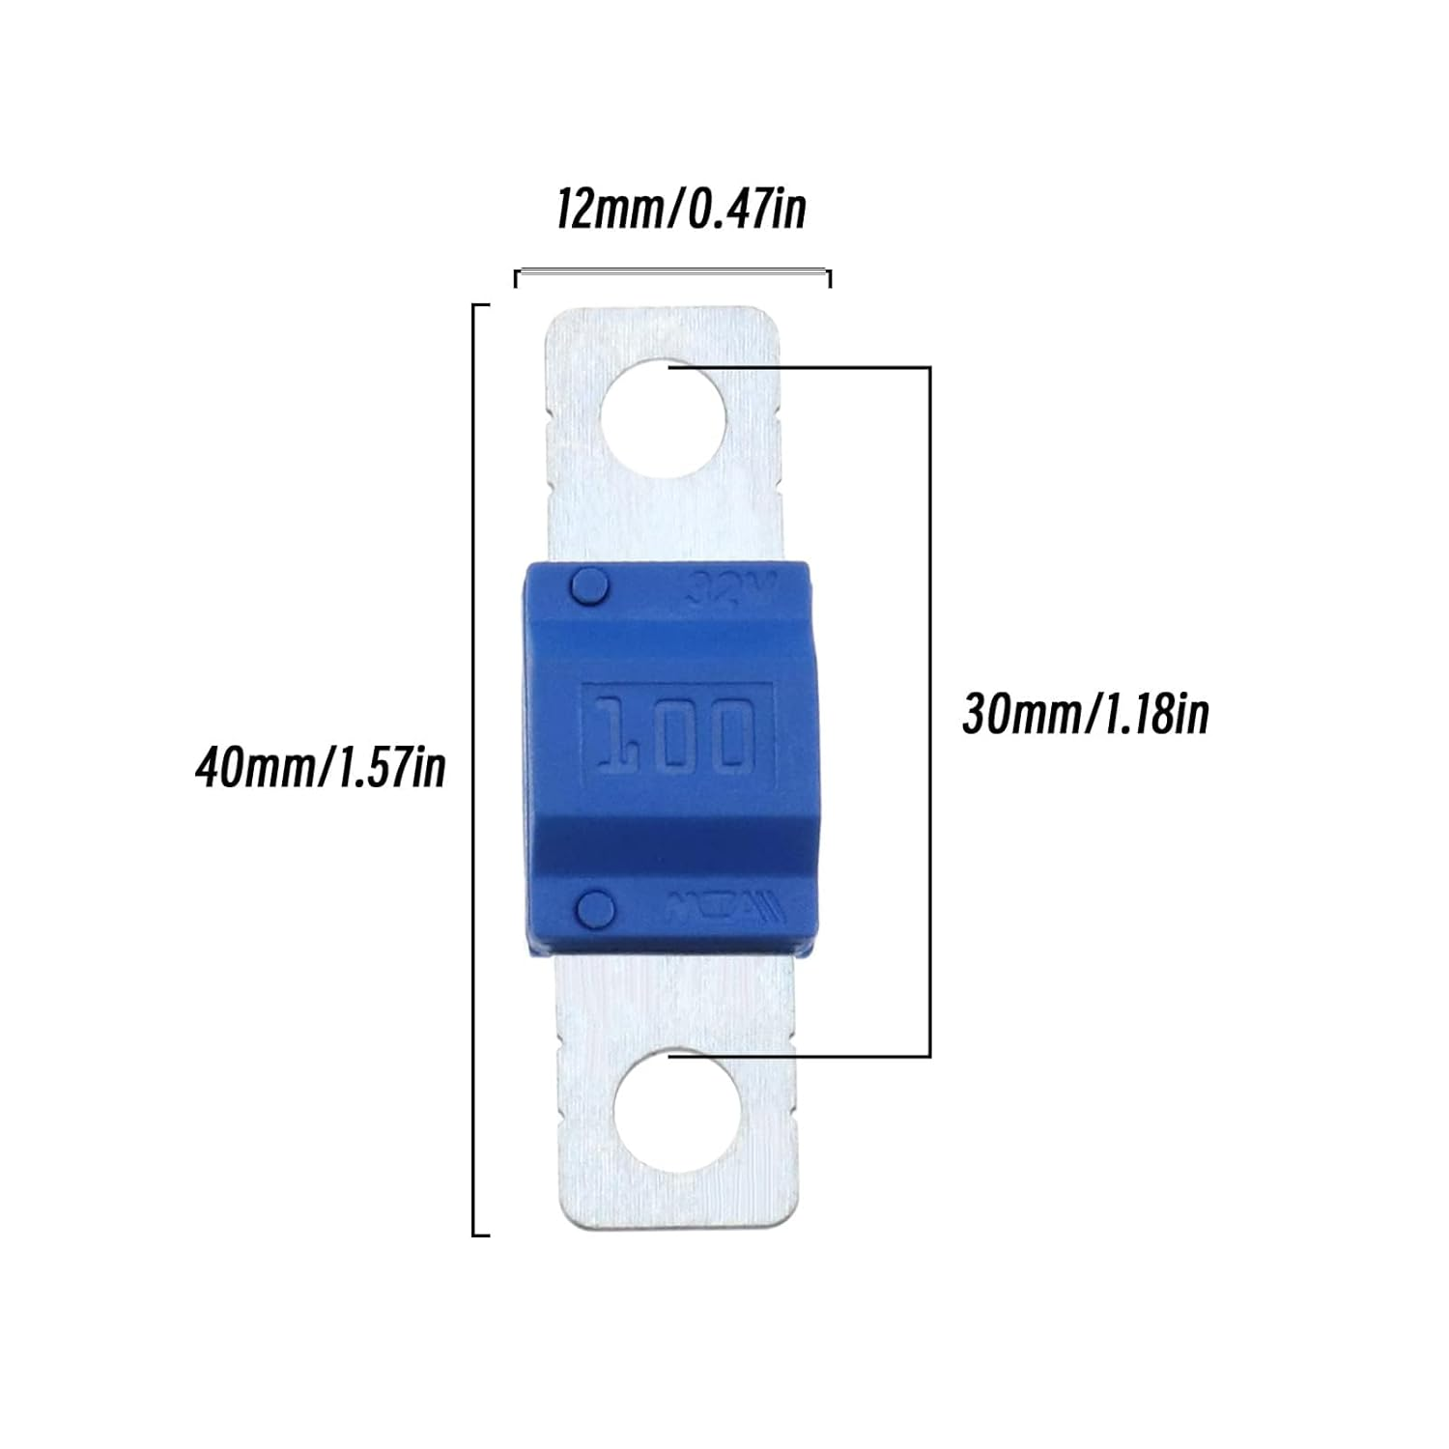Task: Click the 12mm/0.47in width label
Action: [x=680, y=210]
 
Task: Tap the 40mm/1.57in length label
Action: [x=321, y=768]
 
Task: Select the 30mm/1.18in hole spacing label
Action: [x=1085, y=715]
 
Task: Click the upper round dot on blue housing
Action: [x=589, y=586]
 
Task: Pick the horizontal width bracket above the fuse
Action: [x=672, y=274]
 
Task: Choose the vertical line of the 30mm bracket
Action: [x=929, y=712]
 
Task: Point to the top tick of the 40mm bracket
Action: [x=481, y=305]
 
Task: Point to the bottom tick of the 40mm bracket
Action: [x=481, y=1235]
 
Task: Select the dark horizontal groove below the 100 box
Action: [x=667, y=846]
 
